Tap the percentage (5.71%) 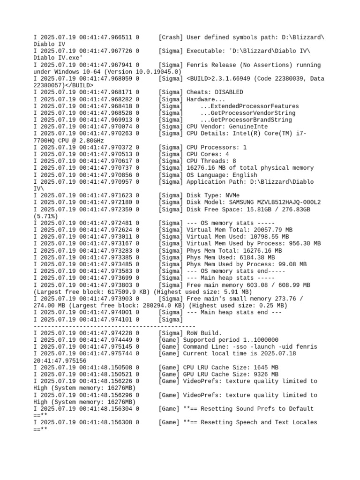point(45,216)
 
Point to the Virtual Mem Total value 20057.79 point(265,230)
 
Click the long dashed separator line point(114,326)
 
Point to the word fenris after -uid point(307,347)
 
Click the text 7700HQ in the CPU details point(44,141)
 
